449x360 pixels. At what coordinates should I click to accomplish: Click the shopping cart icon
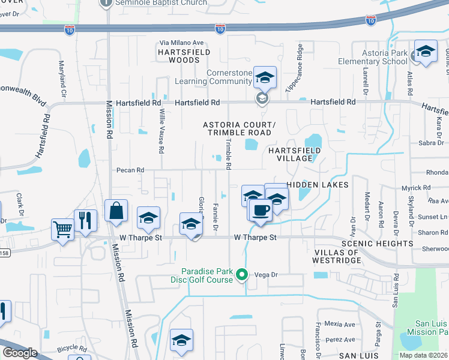coord(62,229)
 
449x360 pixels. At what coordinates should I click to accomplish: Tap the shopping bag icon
coord(116,211)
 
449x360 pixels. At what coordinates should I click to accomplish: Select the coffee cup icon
coord(260,211)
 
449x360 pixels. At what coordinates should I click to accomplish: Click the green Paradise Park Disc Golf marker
coord(242,275)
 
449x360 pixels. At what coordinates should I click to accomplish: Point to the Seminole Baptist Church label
coord(161,3)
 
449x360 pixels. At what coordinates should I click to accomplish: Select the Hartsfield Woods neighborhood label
coord(178,56)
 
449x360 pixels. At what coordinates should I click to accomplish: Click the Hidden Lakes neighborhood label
coord(318,185)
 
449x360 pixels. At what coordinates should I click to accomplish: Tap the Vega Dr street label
coord(267,275)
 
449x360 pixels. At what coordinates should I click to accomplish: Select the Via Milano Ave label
coord(182,43)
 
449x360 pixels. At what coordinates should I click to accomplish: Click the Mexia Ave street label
coord(339,325)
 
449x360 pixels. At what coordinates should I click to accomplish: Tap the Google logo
coord(19,353)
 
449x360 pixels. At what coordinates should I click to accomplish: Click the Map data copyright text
coord(423,355)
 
